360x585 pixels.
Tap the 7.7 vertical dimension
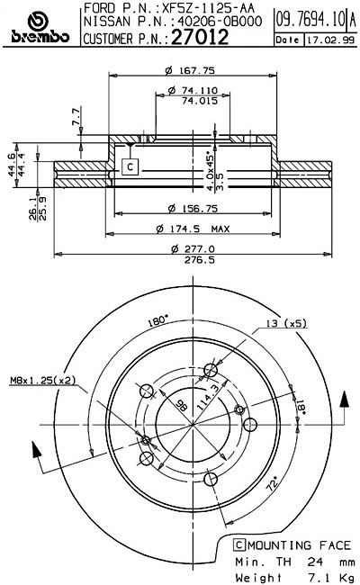76,115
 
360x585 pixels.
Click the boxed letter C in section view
130,166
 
